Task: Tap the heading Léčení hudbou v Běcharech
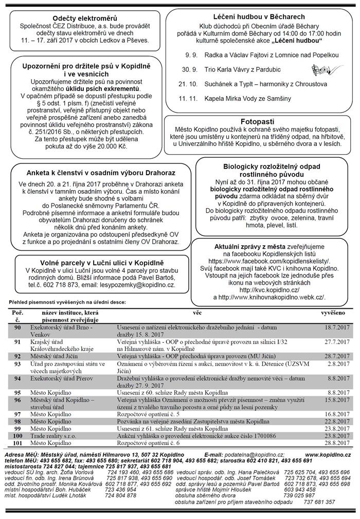pos(262,17)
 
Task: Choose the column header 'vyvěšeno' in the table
pos(333,312)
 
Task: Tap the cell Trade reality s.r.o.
pos(53,435)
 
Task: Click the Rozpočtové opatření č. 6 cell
pos(148,442)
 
